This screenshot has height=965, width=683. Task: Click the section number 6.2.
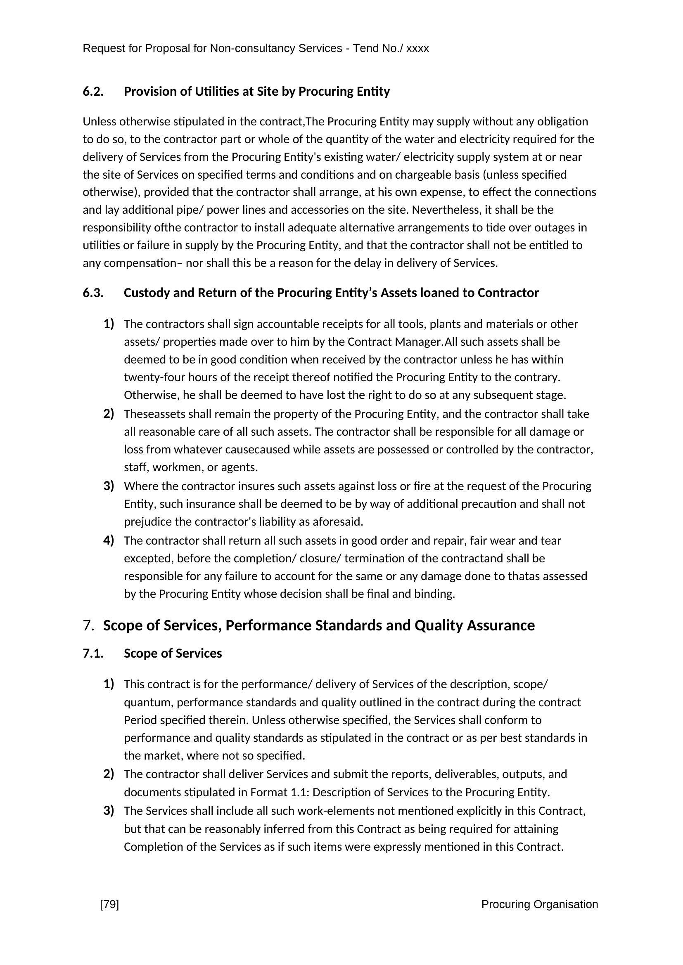(x=93, y=92)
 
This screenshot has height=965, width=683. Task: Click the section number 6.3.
(x=93, y=293)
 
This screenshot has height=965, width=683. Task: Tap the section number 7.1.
(x=93, y=654)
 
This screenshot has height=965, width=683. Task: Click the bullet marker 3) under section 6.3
(x=109, y=486)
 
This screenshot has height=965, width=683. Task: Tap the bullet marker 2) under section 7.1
(x=109, y=774)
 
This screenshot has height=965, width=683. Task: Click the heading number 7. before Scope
(x=88, y=625)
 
